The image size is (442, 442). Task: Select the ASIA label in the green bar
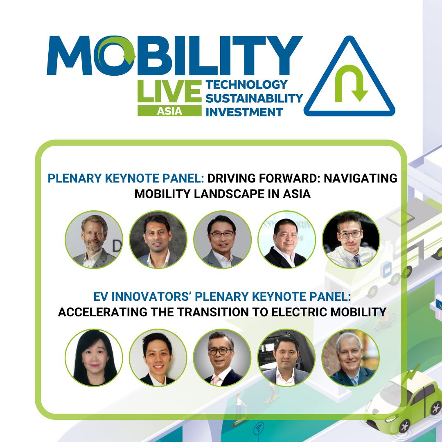169,111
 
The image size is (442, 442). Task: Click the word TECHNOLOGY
246,85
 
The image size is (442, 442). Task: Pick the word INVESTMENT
245,112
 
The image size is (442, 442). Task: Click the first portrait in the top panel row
94,240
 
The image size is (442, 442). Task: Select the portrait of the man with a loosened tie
351,240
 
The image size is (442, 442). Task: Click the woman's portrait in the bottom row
94,358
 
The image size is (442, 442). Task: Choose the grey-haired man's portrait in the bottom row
351,358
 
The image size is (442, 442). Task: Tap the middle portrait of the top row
222,240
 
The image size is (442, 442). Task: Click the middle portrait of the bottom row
222,358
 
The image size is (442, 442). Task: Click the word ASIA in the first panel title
296,194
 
